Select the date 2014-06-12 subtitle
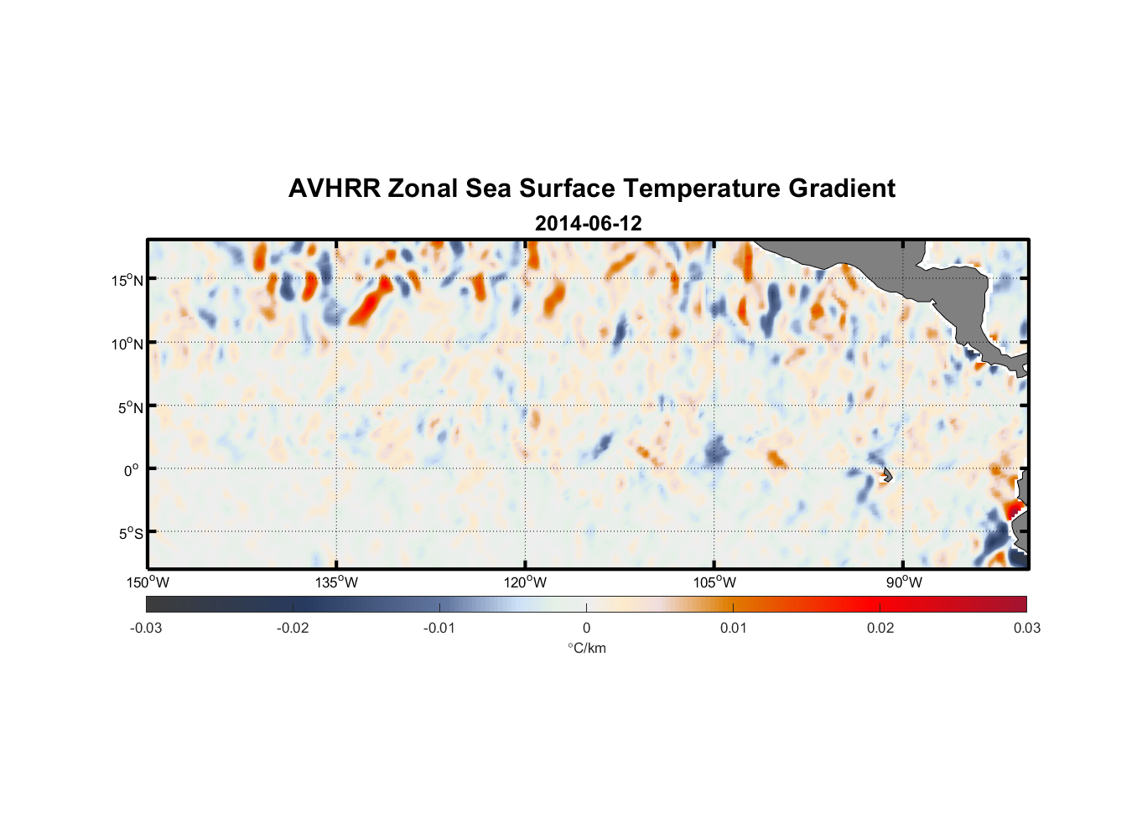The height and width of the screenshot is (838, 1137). [x=588, y=223]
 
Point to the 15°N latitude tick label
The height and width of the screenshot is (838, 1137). [x=127, y=280]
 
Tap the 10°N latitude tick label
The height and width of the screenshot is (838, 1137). [x=127, y=344]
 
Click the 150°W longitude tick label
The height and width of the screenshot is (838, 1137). [x=148, y=582]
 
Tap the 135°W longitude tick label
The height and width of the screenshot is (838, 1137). [x=337, y=582]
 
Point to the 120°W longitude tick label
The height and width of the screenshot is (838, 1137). [x=526, y=582]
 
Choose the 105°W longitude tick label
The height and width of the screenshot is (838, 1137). [x=714, y=582]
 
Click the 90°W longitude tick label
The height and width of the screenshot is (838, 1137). [x=903, y=582]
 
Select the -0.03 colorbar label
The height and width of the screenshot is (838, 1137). [x=146, y=628]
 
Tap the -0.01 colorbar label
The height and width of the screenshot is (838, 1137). [x=439, y=628]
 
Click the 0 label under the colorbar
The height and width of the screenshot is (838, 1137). [x=586, y=628]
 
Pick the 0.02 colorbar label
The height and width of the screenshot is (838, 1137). [x=880, y=628]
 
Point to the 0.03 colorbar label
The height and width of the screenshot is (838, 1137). [x=1026, y=628]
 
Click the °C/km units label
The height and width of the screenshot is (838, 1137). [x=586, y=648]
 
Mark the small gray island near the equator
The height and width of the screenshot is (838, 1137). [x=887, y=474]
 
